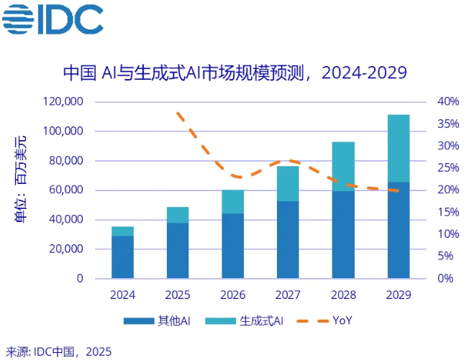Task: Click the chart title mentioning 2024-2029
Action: click(x=235, y=73)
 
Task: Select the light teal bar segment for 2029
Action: click(x=399, y=148)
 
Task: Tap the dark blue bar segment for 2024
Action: click(x=122, y=257)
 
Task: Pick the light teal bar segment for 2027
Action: click(x=288, y=184)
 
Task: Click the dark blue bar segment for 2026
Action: click(x=232, y=245)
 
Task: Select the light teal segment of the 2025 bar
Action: click(x=178, y=215)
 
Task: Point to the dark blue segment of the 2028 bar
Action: click(x=343, y=234)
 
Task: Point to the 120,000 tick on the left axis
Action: click(x=63, y=102)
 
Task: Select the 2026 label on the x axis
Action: click(x=232, y=295)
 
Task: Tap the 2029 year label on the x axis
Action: click(x=399, y=295)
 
